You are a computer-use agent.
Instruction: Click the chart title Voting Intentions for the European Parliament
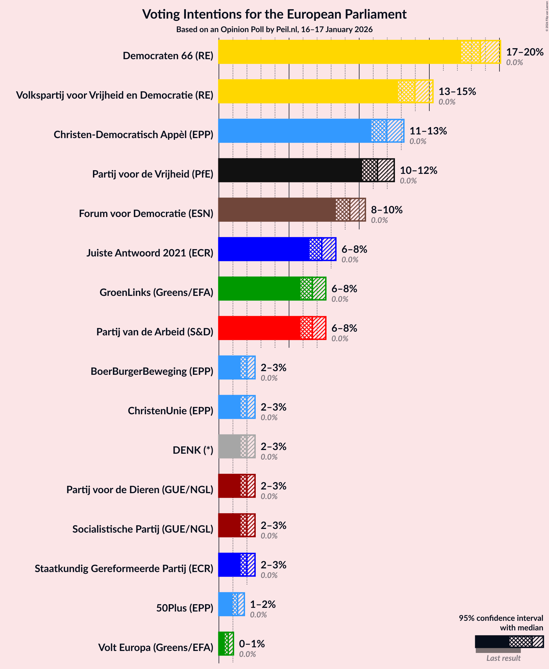pos(274,14)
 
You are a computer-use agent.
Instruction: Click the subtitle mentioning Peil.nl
pos(274,29)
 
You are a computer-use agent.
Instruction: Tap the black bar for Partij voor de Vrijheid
pos(290,170)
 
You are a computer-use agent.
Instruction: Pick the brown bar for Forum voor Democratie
pos(277,210)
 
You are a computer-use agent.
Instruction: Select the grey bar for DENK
pos(230,446)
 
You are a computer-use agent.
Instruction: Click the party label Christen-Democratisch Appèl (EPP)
pos(134,134)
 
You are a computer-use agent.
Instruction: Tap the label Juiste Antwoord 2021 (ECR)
pos(150,253)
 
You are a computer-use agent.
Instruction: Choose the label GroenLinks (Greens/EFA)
pos(156,292)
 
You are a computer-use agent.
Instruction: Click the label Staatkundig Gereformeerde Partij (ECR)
pos(124,568)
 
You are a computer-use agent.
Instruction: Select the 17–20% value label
pos(525,52)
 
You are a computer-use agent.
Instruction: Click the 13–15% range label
pos(457,91)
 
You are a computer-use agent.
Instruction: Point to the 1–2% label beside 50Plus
pos(263,604)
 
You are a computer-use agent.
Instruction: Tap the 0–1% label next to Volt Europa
pos(252,644)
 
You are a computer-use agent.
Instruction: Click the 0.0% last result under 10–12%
pos(408,181)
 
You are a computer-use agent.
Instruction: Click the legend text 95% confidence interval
pos(501,618)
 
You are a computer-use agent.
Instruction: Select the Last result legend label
pos(503,658)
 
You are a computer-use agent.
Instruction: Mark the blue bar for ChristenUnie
pos(230,407)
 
